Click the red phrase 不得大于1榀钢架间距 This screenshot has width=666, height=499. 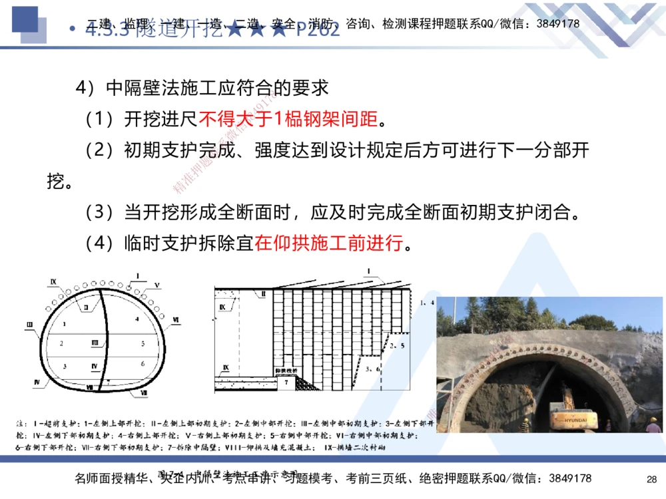292,120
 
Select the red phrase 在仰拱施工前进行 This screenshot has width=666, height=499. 329,244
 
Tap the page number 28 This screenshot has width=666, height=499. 651,478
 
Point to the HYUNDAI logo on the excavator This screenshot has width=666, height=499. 580,420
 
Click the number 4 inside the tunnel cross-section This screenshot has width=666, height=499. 136,319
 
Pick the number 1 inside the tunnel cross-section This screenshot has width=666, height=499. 64,323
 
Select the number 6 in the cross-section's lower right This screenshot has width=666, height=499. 143,363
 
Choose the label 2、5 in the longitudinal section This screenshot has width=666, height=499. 398,345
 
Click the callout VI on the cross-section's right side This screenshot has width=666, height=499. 175,321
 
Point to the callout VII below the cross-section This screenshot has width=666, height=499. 144,394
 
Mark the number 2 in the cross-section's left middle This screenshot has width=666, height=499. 61,343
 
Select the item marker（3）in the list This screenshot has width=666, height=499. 101,213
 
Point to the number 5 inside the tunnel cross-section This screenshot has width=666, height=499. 143,343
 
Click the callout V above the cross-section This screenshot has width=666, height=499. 157,285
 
